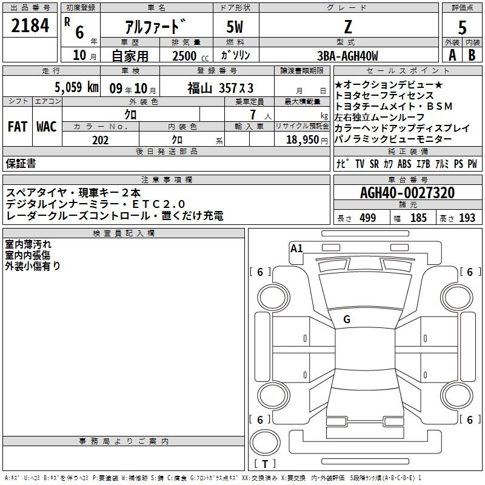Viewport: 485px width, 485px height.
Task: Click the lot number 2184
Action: pos(30,25)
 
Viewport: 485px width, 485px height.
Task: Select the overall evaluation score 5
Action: pos(462,28)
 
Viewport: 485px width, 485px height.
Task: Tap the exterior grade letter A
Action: pos(452,55)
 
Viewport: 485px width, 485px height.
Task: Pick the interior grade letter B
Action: pos(472,55)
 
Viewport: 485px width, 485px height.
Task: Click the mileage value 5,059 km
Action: pos(77,87)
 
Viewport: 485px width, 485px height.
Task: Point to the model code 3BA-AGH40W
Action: pos(347,56)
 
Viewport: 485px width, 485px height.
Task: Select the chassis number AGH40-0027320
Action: pos(407,193)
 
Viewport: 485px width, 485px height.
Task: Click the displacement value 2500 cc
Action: pos(190,56)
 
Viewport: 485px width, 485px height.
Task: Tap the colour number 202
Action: pos(100,140)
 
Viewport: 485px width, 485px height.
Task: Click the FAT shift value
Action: pos(18,127)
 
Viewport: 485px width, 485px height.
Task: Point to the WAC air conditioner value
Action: pos(47,127)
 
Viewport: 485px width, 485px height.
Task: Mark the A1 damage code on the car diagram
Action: pos(296,249)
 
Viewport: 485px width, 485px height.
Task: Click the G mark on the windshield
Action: pos(347,319)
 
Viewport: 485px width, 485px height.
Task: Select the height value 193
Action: pos(467,218)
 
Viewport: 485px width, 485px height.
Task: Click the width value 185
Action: pos(418,218)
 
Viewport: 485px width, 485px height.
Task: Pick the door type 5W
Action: pos(235,27)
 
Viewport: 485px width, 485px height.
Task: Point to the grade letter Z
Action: pos(348,27)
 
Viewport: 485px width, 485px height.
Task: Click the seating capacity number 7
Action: pos(253,115)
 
